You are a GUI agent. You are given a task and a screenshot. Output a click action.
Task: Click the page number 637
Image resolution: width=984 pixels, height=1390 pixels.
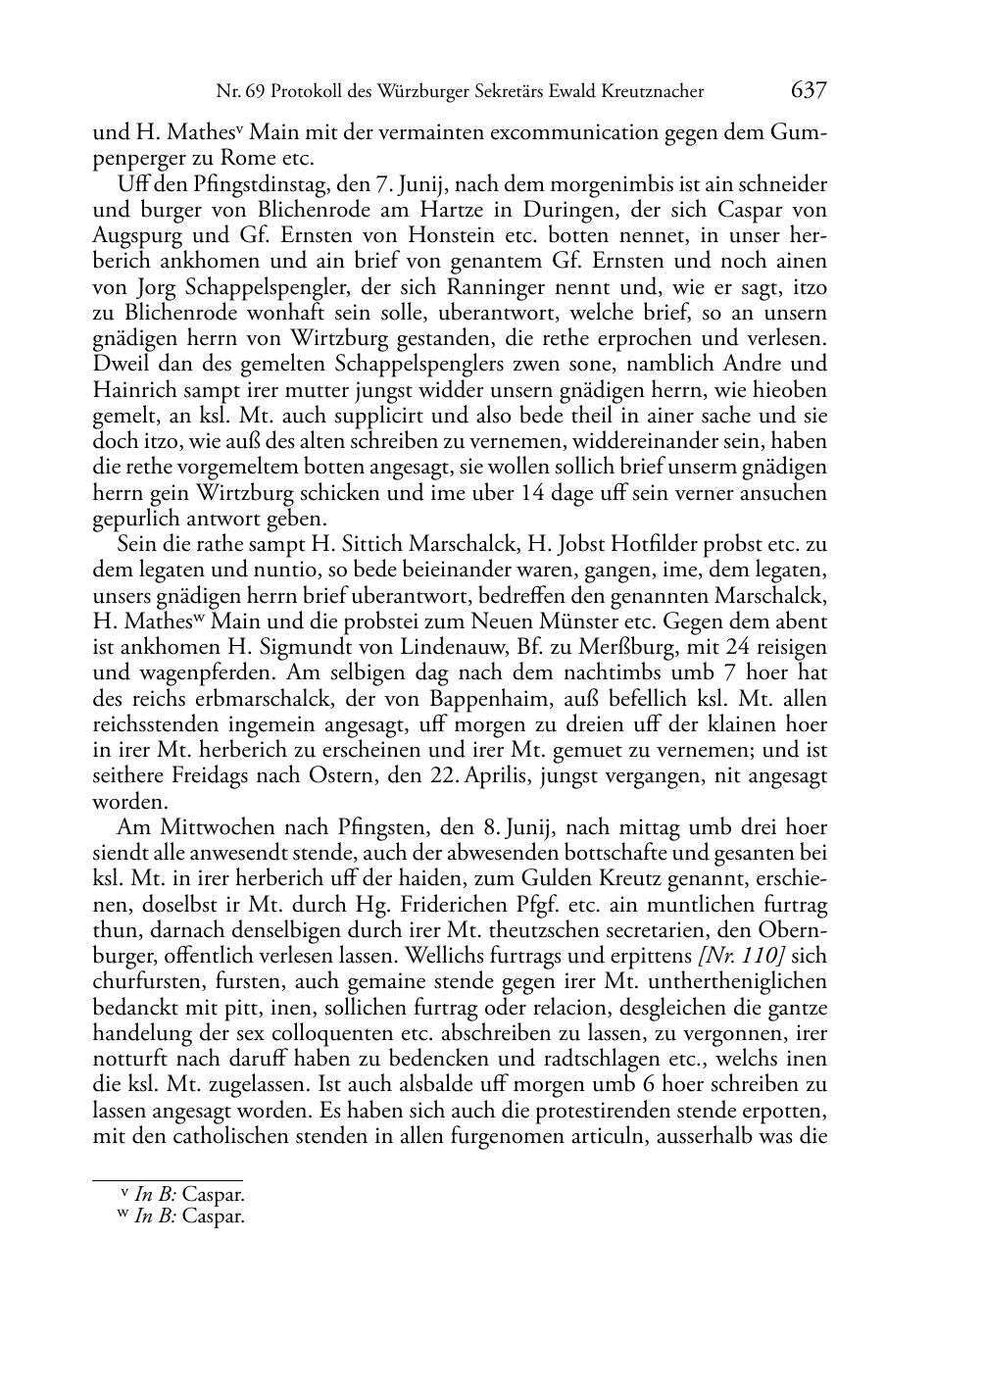[x=809, y=91]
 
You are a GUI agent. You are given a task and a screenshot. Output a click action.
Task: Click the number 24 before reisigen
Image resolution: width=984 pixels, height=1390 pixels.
[x=720, y=647]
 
